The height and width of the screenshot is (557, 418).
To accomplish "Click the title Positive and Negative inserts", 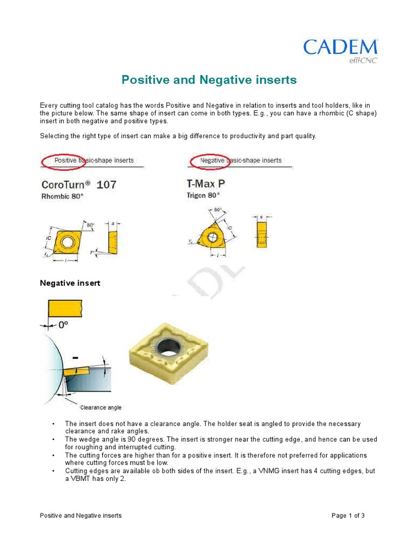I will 209,80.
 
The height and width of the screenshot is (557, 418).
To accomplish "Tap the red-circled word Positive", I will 65,160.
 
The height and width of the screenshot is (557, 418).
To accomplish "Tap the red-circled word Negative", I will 212,160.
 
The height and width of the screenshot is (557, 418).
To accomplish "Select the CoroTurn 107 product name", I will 78,184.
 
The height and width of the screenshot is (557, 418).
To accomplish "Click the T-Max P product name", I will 206,184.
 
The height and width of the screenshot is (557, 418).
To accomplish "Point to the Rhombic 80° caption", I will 63,196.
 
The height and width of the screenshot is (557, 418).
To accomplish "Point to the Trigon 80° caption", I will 204,195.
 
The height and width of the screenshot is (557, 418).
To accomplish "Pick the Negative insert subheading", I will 70,283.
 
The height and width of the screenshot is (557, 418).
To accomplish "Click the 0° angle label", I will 64,325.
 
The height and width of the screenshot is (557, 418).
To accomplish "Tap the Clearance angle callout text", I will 101,407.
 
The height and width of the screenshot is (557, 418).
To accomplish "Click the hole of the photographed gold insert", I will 168,345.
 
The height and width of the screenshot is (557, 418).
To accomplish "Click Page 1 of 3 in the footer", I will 348,515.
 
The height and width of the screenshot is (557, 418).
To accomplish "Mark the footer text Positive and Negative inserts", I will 81,515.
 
